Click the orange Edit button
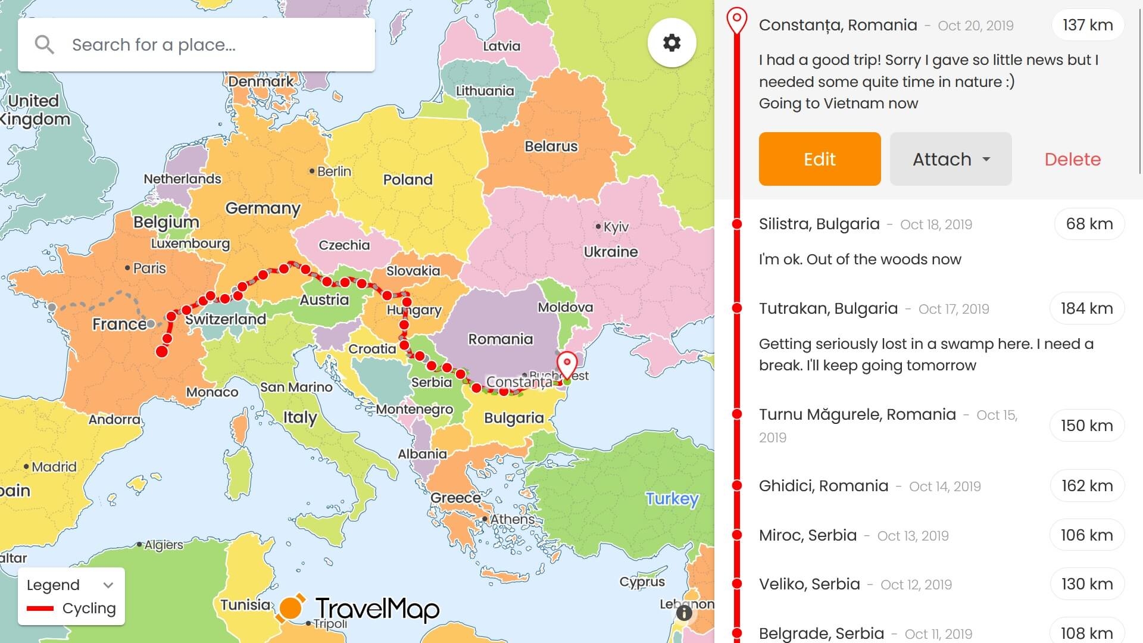819,159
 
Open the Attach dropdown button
950,159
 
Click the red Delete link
1072,159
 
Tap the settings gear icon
672,43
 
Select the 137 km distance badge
1087,25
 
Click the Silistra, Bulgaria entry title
819,224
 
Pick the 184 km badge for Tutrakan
1086,308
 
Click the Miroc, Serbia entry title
807,535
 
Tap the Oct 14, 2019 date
945,486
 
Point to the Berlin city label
333,171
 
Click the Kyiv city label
615,227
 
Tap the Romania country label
500,339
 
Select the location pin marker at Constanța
567,363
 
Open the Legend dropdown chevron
108,585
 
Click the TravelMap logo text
377,609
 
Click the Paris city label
149,269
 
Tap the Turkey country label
672,498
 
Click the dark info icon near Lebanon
684,613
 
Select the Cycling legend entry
88,608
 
